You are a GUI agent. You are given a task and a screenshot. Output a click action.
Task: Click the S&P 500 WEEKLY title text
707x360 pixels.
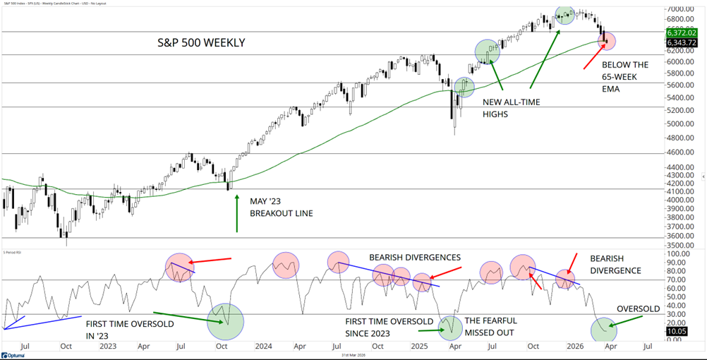tap(200, 43)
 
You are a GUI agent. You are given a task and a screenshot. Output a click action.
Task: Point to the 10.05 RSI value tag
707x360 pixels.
tap(675, 331)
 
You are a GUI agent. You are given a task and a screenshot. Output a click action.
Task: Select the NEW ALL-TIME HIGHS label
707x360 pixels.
tap(512, 107)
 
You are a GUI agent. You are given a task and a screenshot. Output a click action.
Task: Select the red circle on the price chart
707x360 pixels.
tap(607, 41)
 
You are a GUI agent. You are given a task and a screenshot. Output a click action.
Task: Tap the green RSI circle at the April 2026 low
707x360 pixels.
tap(603, 330)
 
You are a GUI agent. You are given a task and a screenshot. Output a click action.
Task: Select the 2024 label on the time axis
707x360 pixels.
tap(263, 347)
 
